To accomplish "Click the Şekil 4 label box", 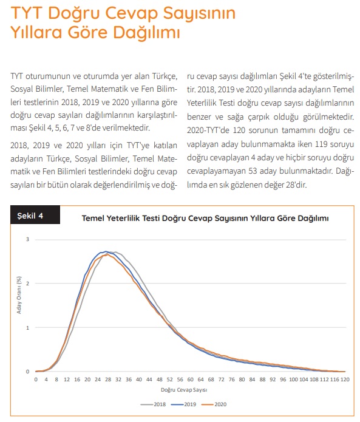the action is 35,215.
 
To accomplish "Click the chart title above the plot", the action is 205,218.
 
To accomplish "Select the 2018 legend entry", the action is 153,404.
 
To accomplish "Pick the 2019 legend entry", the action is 183,404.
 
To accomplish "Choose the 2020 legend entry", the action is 214,404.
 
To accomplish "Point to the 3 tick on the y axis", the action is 27,239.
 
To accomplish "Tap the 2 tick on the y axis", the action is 27,284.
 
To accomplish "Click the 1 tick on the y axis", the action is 27,328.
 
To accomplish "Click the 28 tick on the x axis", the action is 108,379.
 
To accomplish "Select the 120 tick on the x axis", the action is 345,379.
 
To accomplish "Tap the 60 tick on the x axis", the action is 190,379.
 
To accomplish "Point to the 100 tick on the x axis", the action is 293,379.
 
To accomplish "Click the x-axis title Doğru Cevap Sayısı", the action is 184,390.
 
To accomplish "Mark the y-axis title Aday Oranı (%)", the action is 19,295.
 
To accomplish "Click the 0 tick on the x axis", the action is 36,379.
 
